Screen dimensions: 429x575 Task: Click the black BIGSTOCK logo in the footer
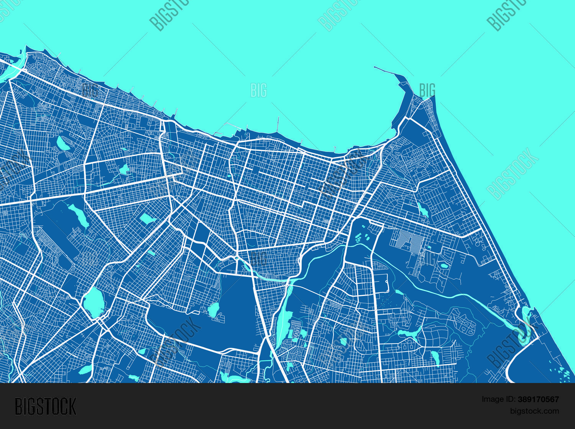[x=46, y=406]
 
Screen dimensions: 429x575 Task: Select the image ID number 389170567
[x=538, y=399]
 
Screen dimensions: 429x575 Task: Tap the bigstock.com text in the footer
[x=534, y=411]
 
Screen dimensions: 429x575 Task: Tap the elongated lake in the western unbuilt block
[x=79, y=215]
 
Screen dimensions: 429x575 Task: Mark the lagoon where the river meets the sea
[x=525, y=316]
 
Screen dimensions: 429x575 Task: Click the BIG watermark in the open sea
[x=258, y=90]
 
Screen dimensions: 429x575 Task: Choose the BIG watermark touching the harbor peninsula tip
[x=427, y=90]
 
